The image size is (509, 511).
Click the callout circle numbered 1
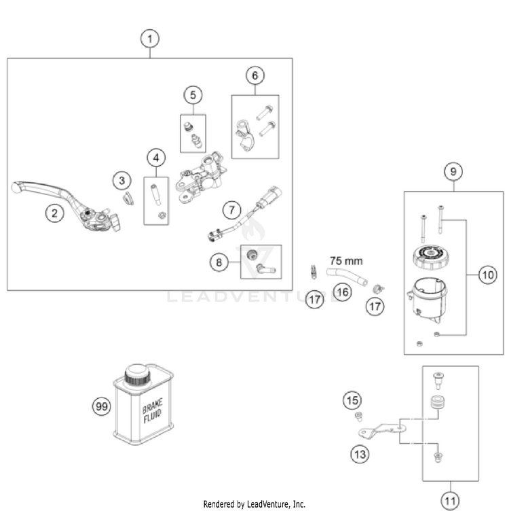[x=150, y=39]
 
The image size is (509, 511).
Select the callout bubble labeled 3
[x=122, y=181]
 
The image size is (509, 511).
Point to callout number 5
[x=193, y=95]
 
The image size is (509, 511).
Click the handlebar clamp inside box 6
[x=245, y=135]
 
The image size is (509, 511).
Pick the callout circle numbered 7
[x=231, y=210]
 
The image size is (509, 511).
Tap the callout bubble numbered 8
[x=219, y=262]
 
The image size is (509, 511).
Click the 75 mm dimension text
[x=346, y=261]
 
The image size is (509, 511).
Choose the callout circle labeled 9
[x=453, y=171]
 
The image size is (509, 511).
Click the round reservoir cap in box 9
[x=430, y=257]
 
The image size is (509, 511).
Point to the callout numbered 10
[x=488, y=275]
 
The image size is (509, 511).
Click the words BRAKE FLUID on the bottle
[x=152, y=411]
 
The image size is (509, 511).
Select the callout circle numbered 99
[x=102, y=406]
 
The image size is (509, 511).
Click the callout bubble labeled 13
[x=360, y=455]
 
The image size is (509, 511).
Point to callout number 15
[x=352, y=400]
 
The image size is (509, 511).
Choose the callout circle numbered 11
[x=450, y=500]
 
